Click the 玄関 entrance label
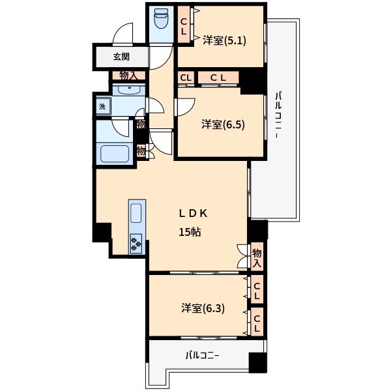click(121, 57)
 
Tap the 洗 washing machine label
click(102, 106)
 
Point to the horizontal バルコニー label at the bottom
click(202, 356)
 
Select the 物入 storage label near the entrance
click(128, 76)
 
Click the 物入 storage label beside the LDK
click(257, 258)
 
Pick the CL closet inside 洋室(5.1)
click(184, 25)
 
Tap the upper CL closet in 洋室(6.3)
click(257, 291)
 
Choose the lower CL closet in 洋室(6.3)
click(257, 323)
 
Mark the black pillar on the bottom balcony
click(258, 362)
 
